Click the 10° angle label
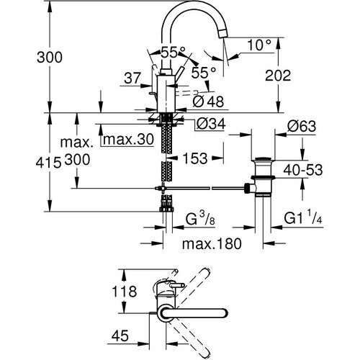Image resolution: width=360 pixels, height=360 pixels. click(261, 45)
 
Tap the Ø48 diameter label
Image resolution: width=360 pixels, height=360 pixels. click(210, 100)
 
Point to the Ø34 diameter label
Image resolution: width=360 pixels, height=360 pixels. click(212, 123)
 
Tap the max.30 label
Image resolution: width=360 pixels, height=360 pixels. click(127, 138)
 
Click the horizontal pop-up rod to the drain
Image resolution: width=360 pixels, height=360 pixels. click(209, 189)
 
